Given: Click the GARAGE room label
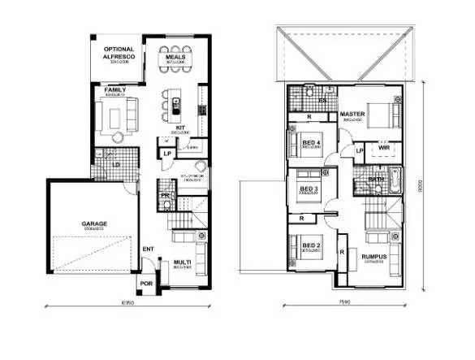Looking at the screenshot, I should tap(94, 223).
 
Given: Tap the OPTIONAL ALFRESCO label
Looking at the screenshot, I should tap(118, 54).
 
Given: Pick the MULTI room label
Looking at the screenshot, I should tap(182, 262).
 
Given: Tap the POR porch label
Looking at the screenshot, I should tap(147, 284).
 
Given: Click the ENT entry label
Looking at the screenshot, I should tap(149, 249).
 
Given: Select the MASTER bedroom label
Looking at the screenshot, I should tap(352, 115).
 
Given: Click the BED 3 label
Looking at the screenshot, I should tap(309, 189).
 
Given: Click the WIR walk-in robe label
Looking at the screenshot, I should tap(384, 148).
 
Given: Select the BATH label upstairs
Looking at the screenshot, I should tap(376, 179).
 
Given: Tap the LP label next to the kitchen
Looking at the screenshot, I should tap(167, 153).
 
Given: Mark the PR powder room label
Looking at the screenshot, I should tap(165, 196).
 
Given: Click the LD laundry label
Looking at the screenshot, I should tap(116, 166).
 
